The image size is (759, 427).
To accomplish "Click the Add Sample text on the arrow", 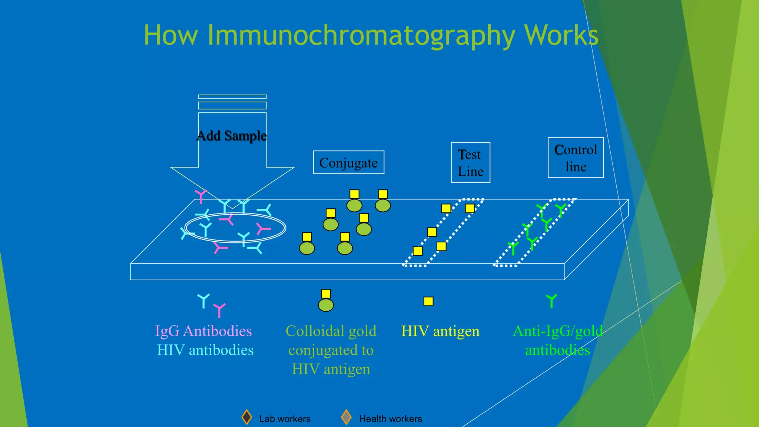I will click(x=232, y=136).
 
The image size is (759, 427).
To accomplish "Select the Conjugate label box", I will click(x=348, y=162).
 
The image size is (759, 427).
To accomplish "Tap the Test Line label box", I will click(x=470, y=162).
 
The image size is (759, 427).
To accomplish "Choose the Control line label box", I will click(x=576, y=158).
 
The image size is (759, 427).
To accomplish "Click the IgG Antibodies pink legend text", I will click(x=203, y=331).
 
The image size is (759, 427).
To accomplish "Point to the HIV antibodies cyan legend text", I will click(x=205, y=350).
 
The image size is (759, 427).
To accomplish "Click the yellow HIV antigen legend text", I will click(x=440, y=331).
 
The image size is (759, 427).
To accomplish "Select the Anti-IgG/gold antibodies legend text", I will click(x=557, y=340).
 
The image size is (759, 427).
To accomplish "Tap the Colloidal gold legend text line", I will click(x=331, y=331).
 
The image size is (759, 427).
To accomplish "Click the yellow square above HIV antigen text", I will click(x=428, y=301).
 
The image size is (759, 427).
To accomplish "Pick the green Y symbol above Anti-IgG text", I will click(x=551, y=301).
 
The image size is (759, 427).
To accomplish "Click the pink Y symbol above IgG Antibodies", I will click(x=219, y=310).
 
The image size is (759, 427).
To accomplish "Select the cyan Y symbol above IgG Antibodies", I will click(x=203, y=301).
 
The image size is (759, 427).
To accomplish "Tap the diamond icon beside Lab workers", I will click(x=246, y=417).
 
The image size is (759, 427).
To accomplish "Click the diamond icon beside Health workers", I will click(x=346, y=417).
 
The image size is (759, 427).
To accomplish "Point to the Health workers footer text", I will click(x=390, y=419).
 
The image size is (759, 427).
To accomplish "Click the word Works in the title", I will click(x=561, y=36).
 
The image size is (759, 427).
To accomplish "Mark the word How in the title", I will click(x=171, y=36).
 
